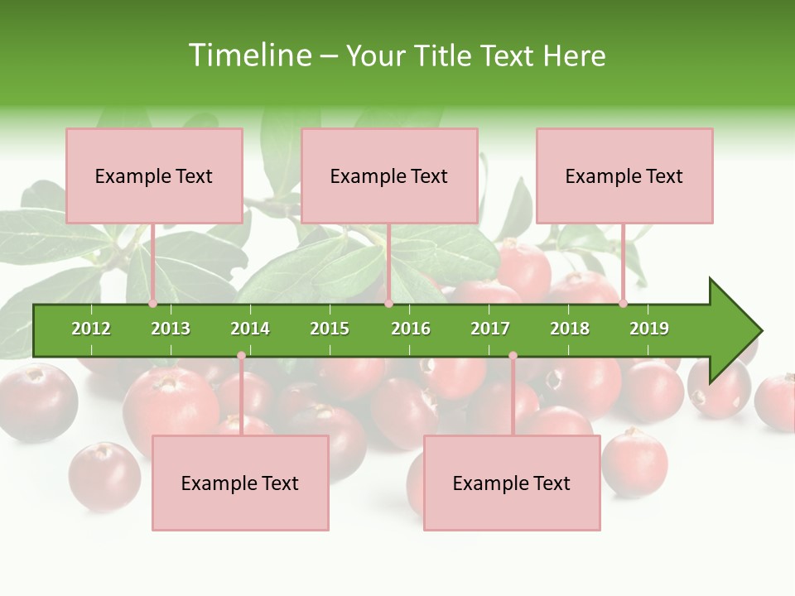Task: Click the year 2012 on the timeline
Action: tap(91, 329)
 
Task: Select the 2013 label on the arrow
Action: tap(171, 329)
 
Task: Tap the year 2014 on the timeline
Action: tap(250, 329)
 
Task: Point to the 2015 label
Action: tap(330, 329)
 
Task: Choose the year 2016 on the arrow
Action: tap(411, 329)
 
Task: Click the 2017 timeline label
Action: tap(490, 329)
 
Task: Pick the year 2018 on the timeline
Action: tap(570, 329)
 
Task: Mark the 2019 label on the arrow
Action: tap(649, 329)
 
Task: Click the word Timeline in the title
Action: tap(249, 55)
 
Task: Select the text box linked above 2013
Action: tap(154, 176)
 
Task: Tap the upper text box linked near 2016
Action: tap(389, 176)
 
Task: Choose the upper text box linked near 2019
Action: tap(624, 176)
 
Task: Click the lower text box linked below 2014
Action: tap(240, 483)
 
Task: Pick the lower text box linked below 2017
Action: tap(512, 483)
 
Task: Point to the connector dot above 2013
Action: tap(153, 304)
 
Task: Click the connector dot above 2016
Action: tap(388, 304)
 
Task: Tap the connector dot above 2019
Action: tap(623, 304)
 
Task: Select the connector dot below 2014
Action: tap(241, 355)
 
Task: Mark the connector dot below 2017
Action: tap(513, 355)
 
